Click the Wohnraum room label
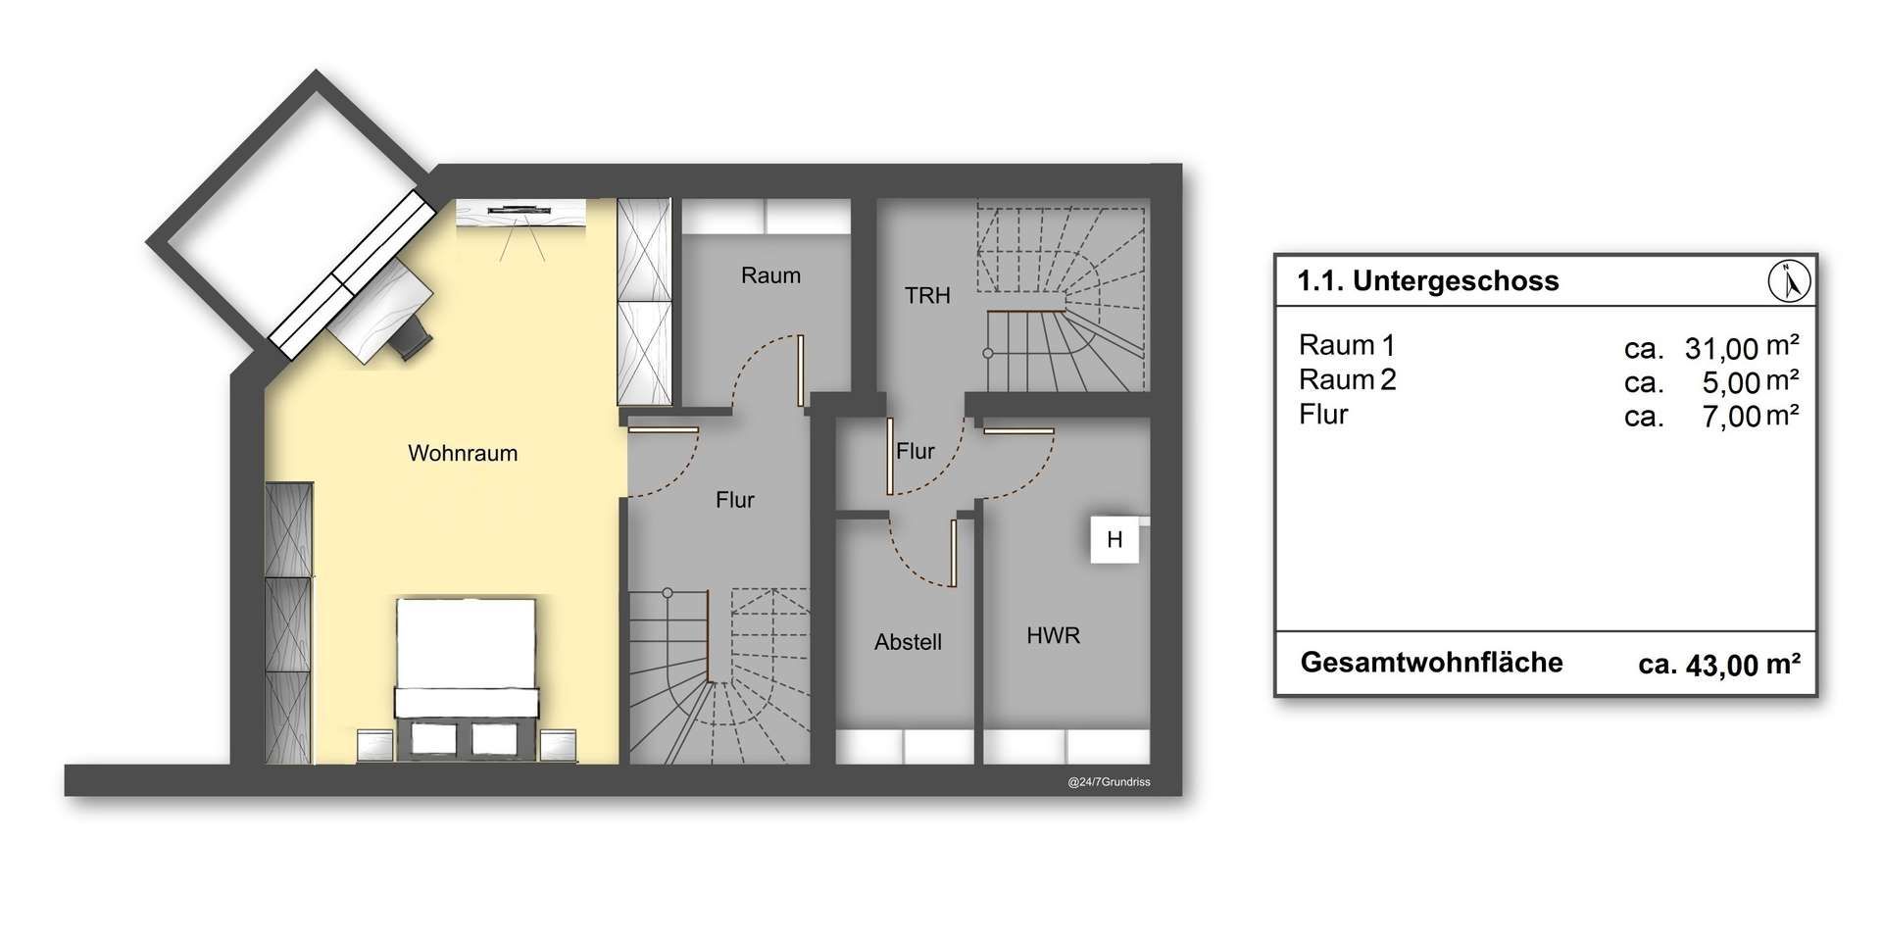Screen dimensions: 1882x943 tap(463, 453)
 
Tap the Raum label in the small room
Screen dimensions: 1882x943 tap(770, 275)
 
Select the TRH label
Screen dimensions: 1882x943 tap(927, 295)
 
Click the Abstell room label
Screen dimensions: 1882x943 tap(908, 642)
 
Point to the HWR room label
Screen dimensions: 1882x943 tap(1054, 635)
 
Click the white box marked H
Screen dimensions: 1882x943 tap(1114, 539)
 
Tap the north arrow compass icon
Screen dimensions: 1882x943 tap(1790, 281)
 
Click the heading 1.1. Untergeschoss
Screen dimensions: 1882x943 tap(1428, 281)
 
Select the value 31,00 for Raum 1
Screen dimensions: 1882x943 tap(1721, 348)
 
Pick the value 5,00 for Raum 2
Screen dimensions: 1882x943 tap(1731, 382)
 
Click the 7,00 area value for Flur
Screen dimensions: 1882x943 tap(1731, 417)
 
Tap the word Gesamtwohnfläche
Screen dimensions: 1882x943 tap(1432, 663)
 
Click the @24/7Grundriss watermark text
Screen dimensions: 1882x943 tap(1109, 782)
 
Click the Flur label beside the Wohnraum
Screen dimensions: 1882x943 tap(735, 500)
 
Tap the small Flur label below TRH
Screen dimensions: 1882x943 tap(916, 451)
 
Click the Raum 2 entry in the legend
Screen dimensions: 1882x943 tap(1348, 379)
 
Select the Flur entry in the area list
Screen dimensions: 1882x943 tap(1323, 414)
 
